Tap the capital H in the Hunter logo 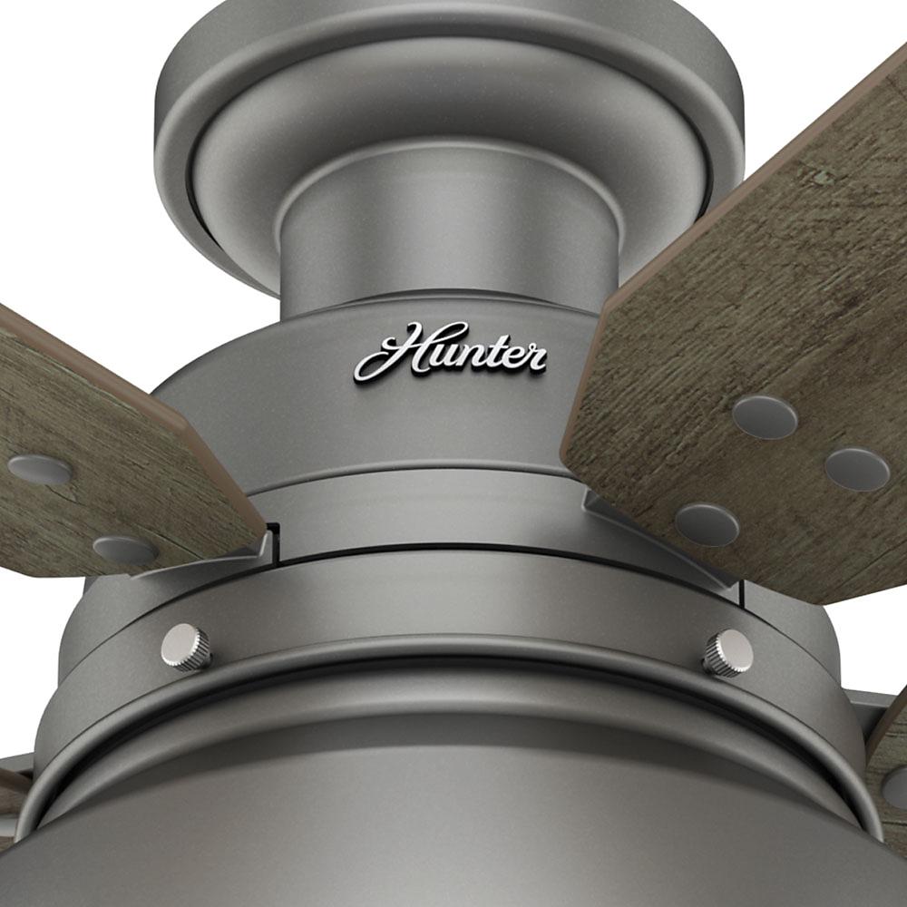(x=395, y=350)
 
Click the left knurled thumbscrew (x=186, y=647)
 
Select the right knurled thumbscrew (x=727, y=652)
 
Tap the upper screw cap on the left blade (x=39, y=469)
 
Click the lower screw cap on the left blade (x=125, y=549)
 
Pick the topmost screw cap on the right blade (x=765, y=416)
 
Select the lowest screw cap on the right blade (x=707, y=524)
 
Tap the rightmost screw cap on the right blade (x=856, y=469)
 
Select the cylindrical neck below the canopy (x=449, y=245)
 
